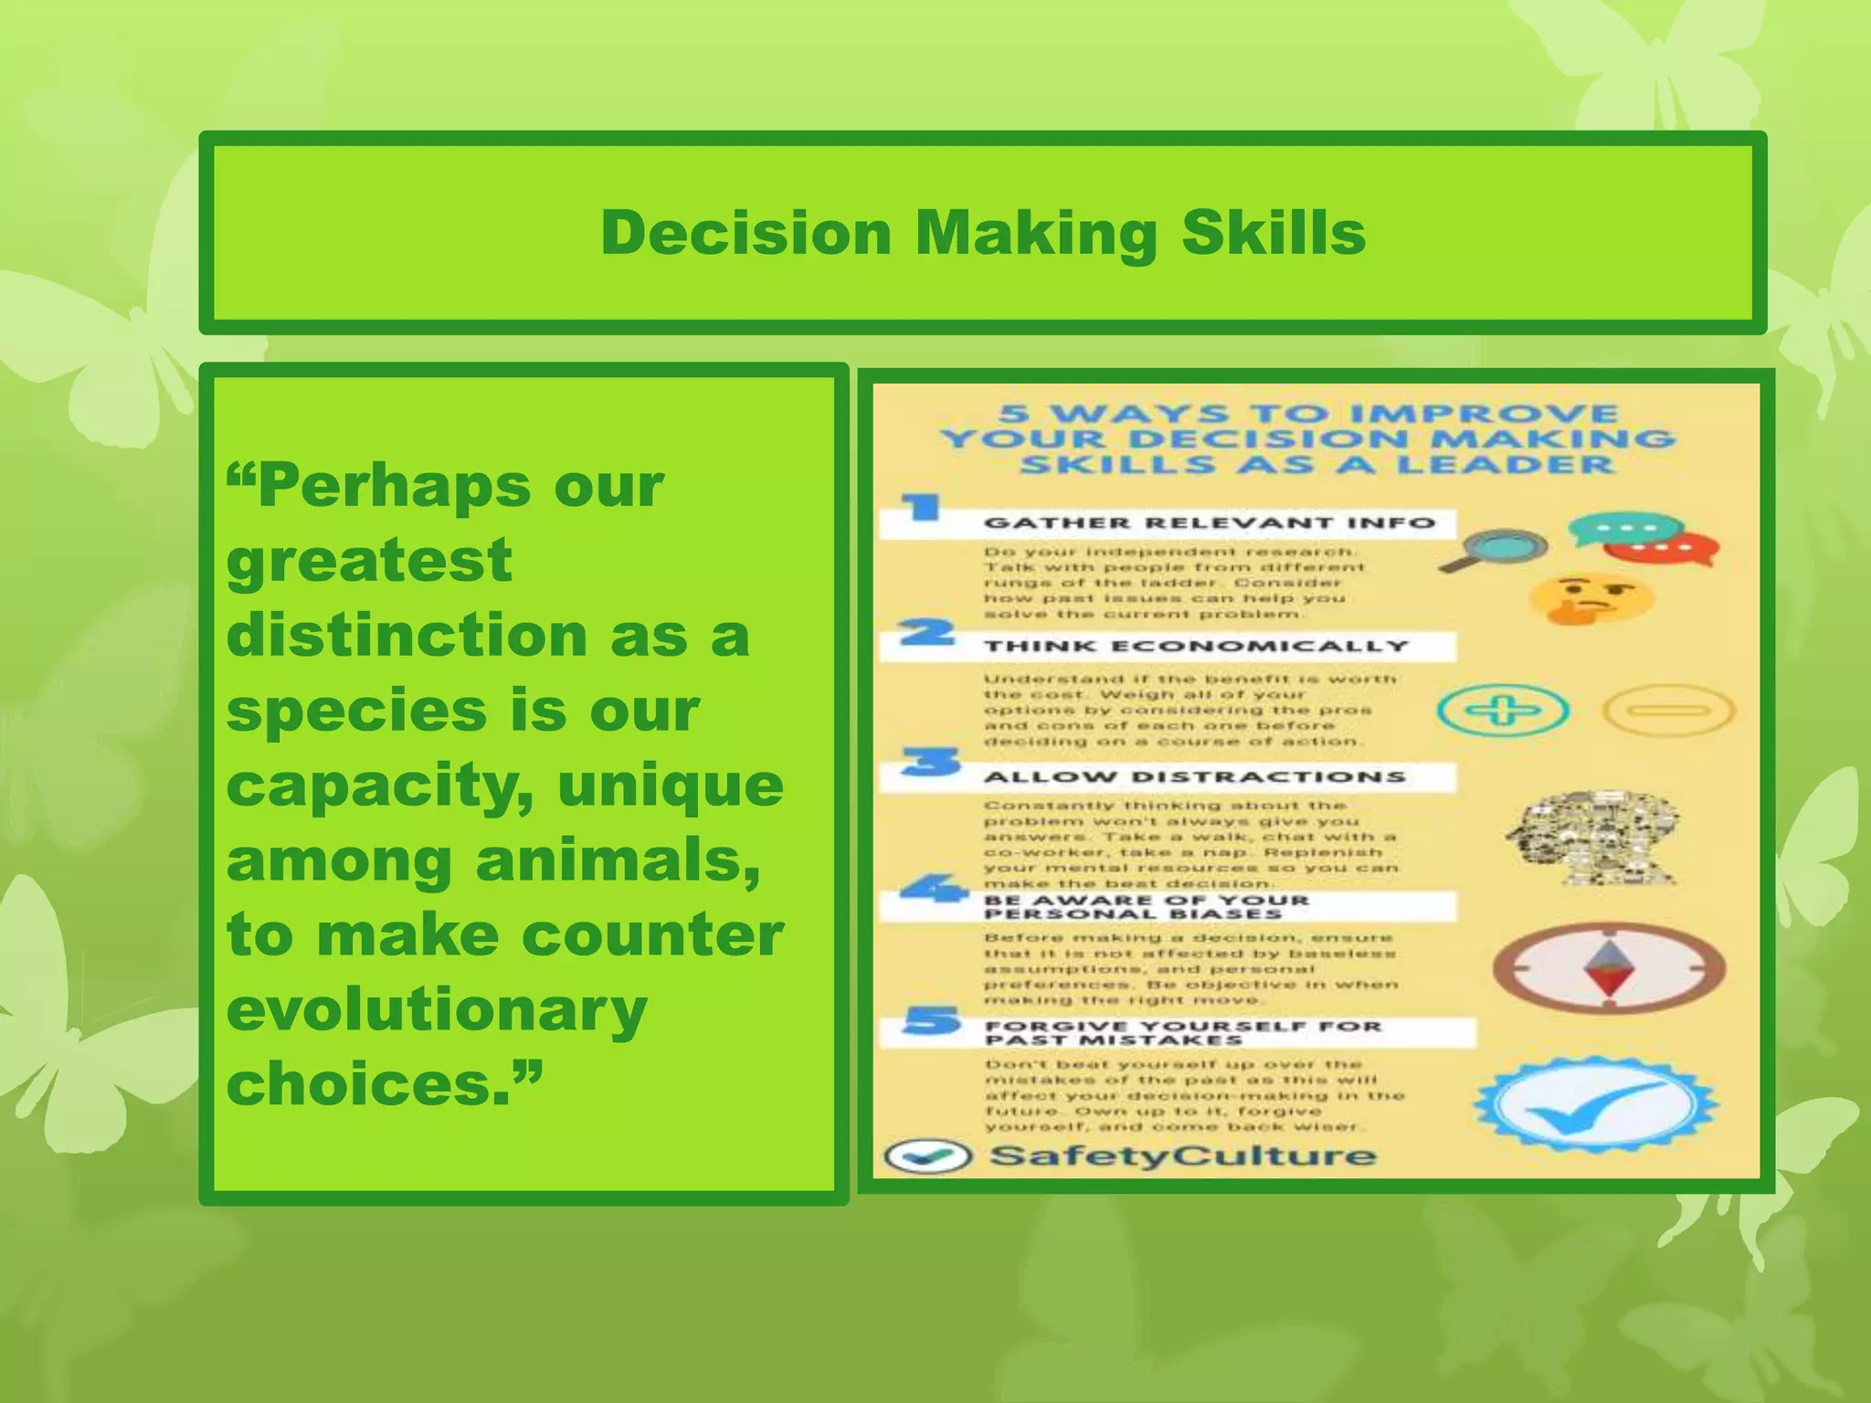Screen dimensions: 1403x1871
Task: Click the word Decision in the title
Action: (x=745, y=233)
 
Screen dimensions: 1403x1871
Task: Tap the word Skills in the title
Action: (x=1274, y=233)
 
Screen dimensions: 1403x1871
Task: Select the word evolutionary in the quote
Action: (x=437, y=1009)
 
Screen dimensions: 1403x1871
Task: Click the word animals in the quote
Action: (x=618, y=860)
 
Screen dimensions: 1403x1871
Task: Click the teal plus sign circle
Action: (x=1503, y=710)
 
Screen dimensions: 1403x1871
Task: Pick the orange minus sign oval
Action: (x=1668, y=711)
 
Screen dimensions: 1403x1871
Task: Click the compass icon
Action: (x=1609, y=969)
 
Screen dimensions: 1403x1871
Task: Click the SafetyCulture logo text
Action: (x=1182, y=1155)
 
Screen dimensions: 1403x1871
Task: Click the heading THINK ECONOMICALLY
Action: (x=1196, y=647)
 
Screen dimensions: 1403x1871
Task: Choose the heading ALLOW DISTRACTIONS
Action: (x=1194, y=777)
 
